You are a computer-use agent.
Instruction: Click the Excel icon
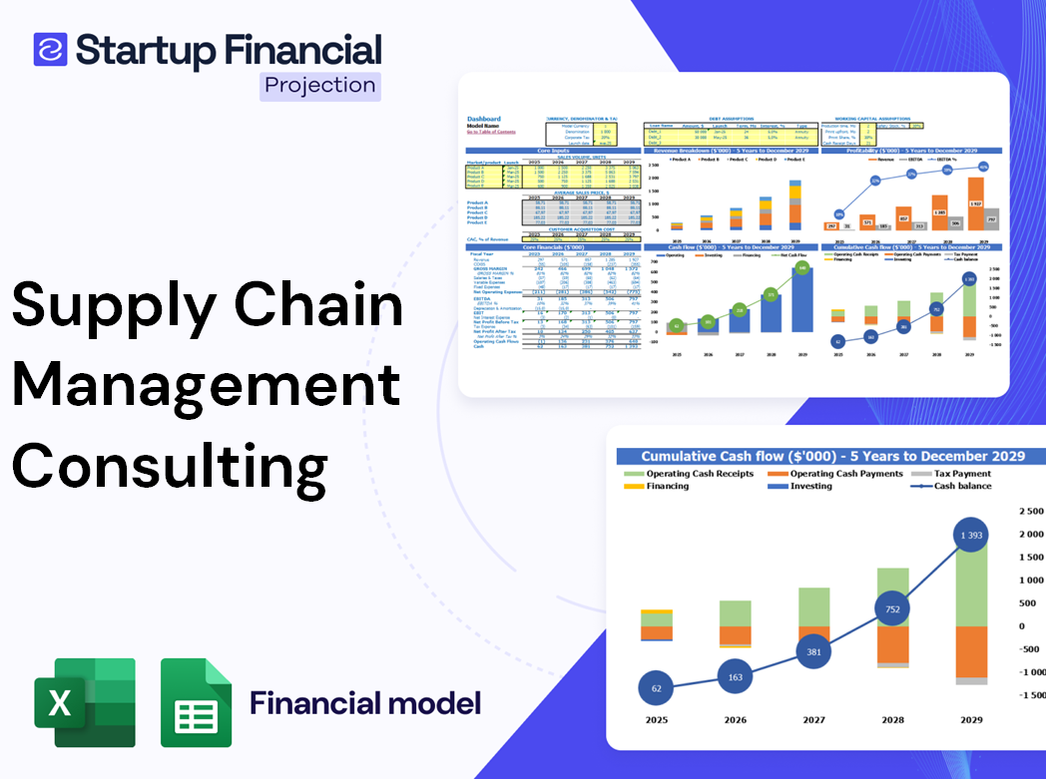(x=85, y=702)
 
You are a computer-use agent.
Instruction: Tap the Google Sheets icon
(x=197, y=702)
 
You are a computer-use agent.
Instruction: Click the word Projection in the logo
(x=320, y=86)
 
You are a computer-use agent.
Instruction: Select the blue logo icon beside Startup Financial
(x=50, y=50)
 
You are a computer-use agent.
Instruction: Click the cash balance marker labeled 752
(x=893, y=609)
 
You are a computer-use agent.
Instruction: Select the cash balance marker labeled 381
(x=814, y=651)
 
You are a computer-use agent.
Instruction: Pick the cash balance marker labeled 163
(x=735, y=676)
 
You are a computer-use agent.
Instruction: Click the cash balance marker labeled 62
(x=656, y=688)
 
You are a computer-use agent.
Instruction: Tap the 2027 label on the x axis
(x=814, y=720)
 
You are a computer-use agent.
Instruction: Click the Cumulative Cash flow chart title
(x=832, y=456)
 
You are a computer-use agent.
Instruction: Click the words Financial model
(x=365, y=703)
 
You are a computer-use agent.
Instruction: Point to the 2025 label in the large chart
(x=656, y=720)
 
